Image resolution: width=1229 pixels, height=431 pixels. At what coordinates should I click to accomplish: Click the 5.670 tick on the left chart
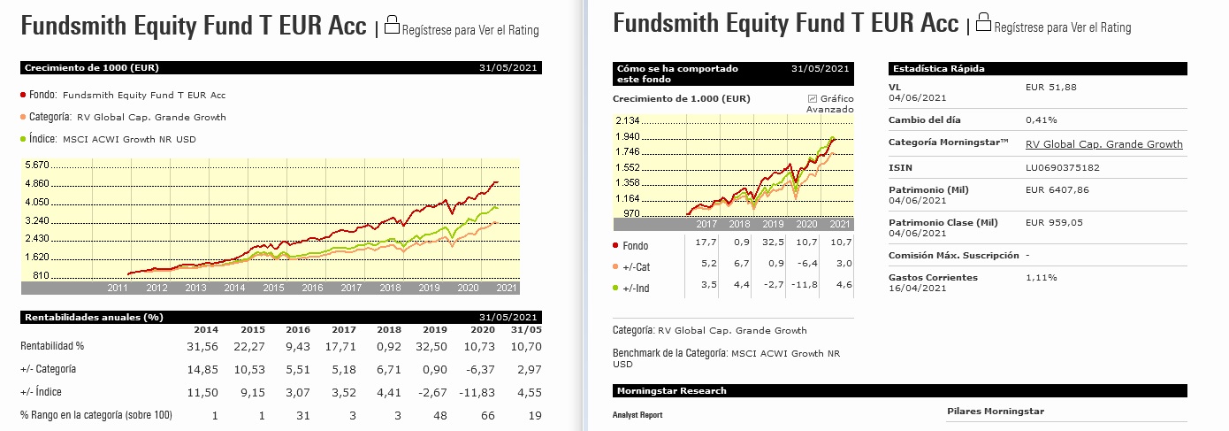pos(37,165)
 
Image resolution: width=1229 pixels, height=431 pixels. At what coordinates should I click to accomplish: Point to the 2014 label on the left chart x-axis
pos(234,288)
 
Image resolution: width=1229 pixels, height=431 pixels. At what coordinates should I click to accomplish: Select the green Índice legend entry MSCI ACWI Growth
pos(129,139)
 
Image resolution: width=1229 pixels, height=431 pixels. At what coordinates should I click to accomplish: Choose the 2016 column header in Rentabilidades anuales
pos(298,330)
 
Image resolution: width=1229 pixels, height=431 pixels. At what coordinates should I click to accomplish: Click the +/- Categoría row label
pos(48,368)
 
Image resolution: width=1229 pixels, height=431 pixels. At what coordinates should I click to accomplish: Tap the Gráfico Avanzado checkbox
pos(813,98)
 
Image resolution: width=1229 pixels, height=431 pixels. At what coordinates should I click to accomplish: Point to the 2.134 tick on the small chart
pos(628,121)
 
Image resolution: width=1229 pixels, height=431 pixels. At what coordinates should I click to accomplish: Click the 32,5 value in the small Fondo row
pos(774,242)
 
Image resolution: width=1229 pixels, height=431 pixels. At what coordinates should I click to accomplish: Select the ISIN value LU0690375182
pos(1064,167)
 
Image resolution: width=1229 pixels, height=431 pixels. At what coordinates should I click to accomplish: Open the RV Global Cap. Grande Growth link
pos(1103,144)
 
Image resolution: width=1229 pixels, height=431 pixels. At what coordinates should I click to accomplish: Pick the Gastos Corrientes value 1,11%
pos(1040,278)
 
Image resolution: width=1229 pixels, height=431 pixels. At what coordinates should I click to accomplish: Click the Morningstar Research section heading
pos(671,390)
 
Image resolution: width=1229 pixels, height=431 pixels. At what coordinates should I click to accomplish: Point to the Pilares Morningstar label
pos(996,411)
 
